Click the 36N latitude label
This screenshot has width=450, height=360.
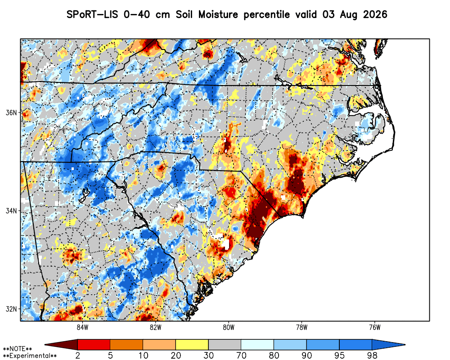tap(11, 112)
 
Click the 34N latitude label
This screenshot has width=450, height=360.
tap(11, 211)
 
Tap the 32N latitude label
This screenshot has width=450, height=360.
tap(11, 309)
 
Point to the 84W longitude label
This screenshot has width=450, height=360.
tap(82, 328)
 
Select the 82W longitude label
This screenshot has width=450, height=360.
tap(155, 328)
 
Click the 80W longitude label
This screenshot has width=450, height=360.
tap(229, 328)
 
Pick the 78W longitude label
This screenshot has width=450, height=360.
tap(301, 328)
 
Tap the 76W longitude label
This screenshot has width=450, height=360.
tap(374, 328)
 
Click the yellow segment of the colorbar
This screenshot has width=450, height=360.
tap(192, 345)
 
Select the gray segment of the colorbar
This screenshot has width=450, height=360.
tap(225, 345)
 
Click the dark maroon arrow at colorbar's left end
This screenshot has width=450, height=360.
tap(61, 345)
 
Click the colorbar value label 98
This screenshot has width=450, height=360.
tap(372, 355)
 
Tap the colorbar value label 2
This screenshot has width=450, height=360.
tap(77, 355)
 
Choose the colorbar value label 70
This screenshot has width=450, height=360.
tap(241, 355)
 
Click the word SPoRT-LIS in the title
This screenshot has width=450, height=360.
tap(92, 14)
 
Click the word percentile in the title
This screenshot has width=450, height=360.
tap(266, 15)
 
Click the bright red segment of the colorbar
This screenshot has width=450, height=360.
tap(94, 345)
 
